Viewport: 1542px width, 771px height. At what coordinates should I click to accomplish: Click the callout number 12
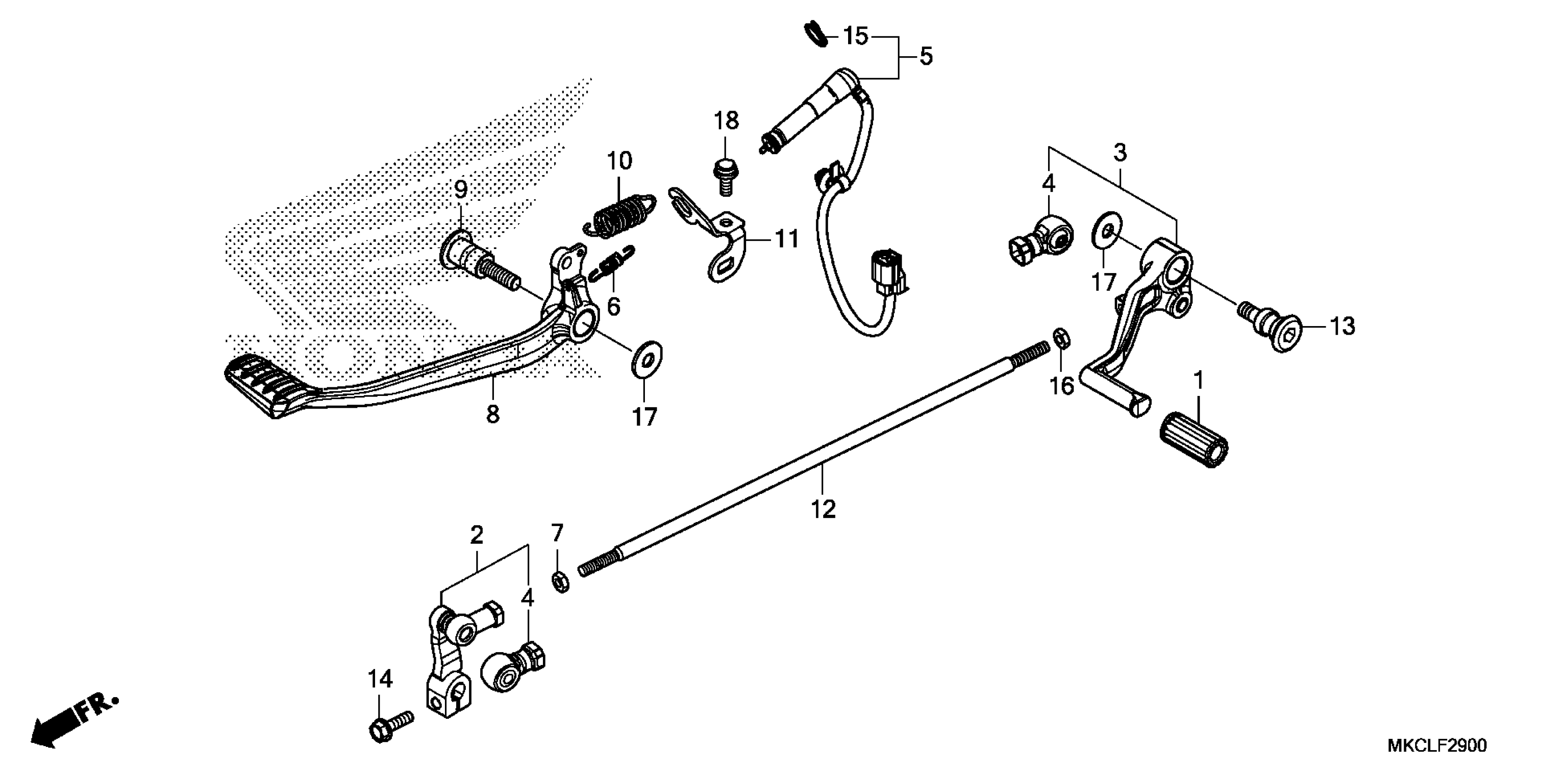click(823, 509)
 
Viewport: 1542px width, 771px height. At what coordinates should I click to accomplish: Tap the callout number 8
click(492, 414)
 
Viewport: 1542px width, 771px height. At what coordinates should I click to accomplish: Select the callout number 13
click(1342, 327)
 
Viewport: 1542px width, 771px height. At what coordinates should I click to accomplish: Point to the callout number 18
click(726, 121)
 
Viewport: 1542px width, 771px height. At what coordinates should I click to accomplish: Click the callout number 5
click(926, 57)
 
